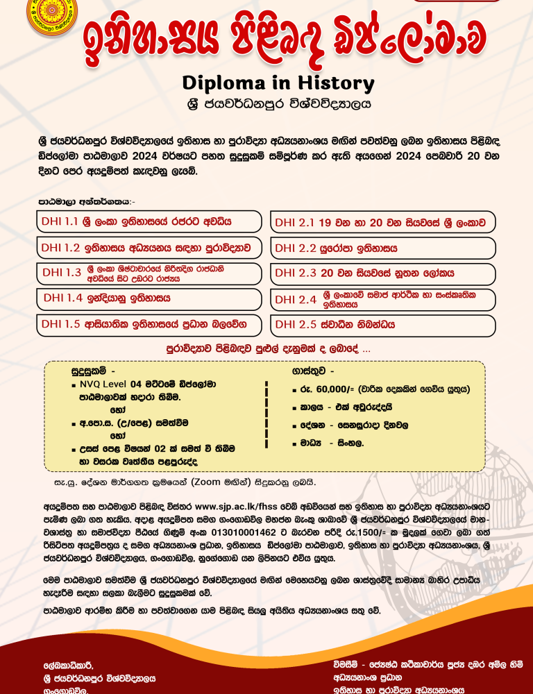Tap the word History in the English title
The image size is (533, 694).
(x=334, y=83)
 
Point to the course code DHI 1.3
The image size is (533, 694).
(x=62, y=273)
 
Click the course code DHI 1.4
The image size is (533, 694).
(x=63, y=298)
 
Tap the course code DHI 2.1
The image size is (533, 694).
(x=295, y=223)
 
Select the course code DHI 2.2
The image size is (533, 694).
(x=295, y=248)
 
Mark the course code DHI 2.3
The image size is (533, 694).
(x=295, y=273)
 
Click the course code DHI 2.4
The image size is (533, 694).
(x=295, y=300)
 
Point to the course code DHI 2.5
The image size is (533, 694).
(x=295, y=324)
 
